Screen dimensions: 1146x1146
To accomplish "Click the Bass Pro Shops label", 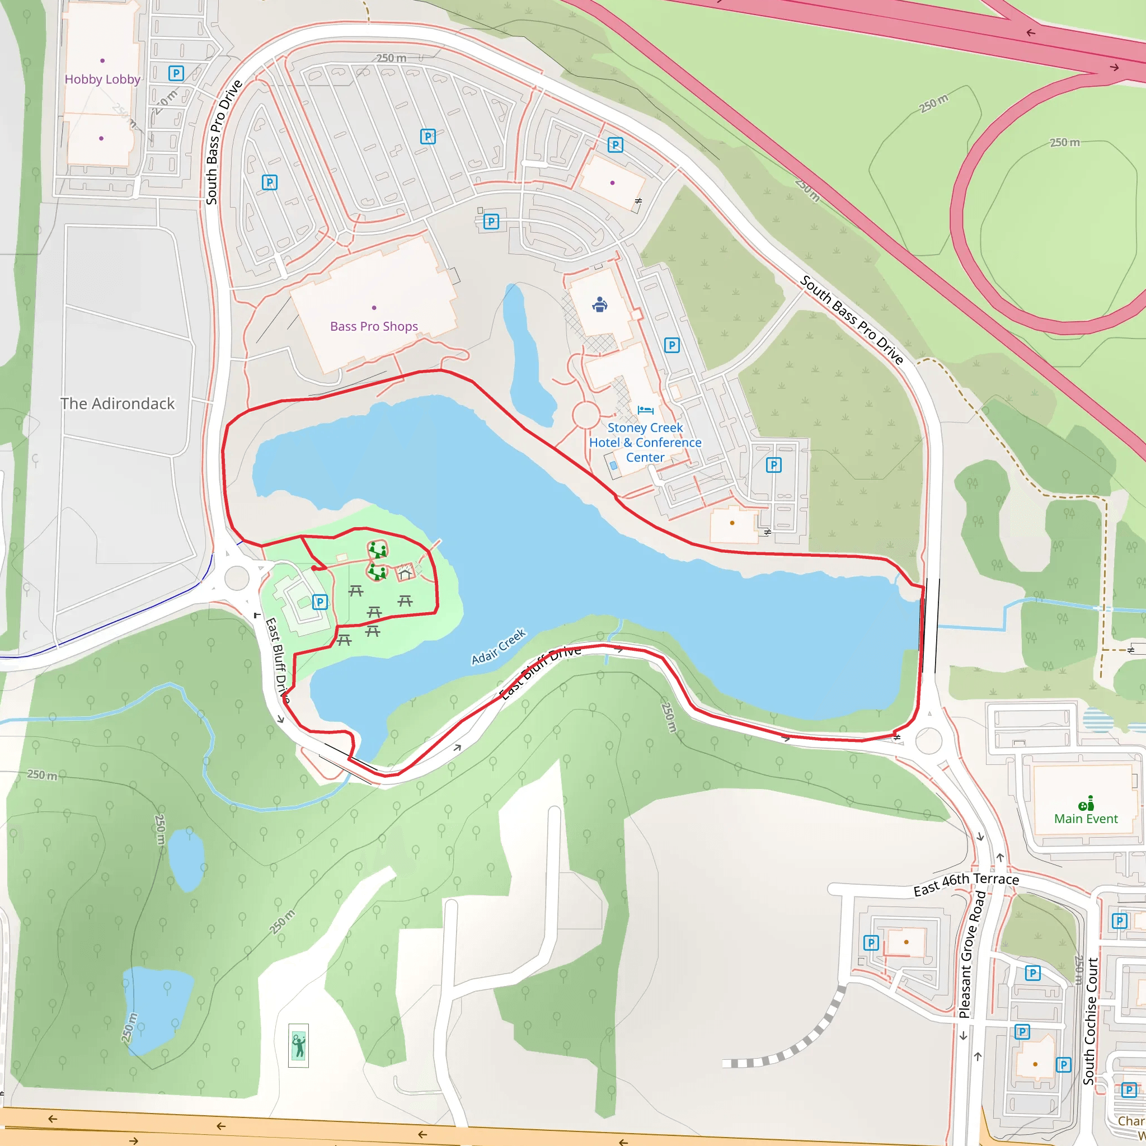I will point(374,326).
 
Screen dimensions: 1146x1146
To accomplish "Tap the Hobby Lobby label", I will point(102,79).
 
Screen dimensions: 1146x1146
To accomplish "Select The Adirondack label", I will point(118,404).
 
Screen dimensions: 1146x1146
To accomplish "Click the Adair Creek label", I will point(498,646).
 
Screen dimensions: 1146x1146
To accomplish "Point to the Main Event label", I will point(1086,819).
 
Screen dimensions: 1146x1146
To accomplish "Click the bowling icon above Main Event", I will point(1086,803).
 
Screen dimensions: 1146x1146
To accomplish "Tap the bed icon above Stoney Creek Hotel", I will point(645,410).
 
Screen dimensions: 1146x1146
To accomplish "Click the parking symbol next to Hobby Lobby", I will point(176,73).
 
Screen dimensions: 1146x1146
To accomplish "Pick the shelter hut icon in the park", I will point(405,574).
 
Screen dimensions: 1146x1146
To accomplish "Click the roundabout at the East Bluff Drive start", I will point(236,577).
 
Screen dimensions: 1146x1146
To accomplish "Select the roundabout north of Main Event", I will point(928,741).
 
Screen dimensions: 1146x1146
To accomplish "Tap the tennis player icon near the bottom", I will point(298,1045).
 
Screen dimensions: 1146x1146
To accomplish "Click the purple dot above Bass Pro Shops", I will point(374,308).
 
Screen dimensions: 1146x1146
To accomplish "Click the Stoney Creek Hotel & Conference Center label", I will point(645,443).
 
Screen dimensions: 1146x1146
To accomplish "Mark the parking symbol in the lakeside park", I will point(320,602).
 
